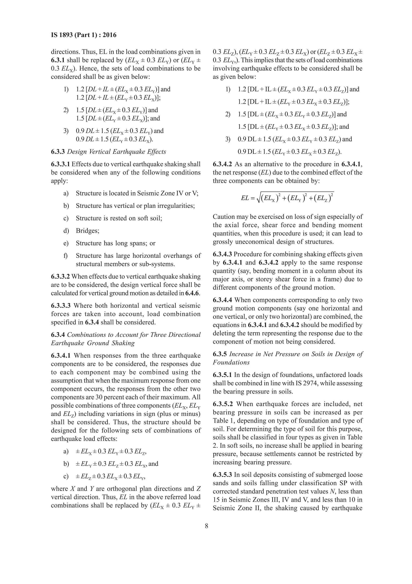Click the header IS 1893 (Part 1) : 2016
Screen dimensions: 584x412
point(83,35)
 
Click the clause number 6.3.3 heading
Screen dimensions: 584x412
point(58,152)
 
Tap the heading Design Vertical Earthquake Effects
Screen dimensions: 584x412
point(116,152)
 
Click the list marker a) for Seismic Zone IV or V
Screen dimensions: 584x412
point(66,193)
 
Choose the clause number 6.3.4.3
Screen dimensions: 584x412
point(222,254)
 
